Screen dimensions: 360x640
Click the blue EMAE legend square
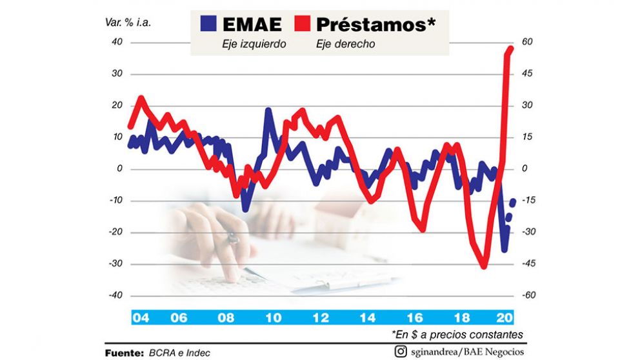tap(208, 25)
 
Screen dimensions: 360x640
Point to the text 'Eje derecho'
tap(345, 45)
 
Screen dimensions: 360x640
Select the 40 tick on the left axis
tap(117, 42)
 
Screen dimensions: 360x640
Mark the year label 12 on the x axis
tap(319, 317)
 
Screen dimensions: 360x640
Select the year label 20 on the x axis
tap(504, 317)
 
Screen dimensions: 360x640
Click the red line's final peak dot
tap(510, 48)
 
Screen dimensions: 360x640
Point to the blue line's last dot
tap(513, 203)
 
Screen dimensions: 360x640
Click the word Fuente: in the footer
tap(124, 352)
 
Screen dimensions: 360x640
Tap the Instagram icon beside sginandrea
tap(401, 352)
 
